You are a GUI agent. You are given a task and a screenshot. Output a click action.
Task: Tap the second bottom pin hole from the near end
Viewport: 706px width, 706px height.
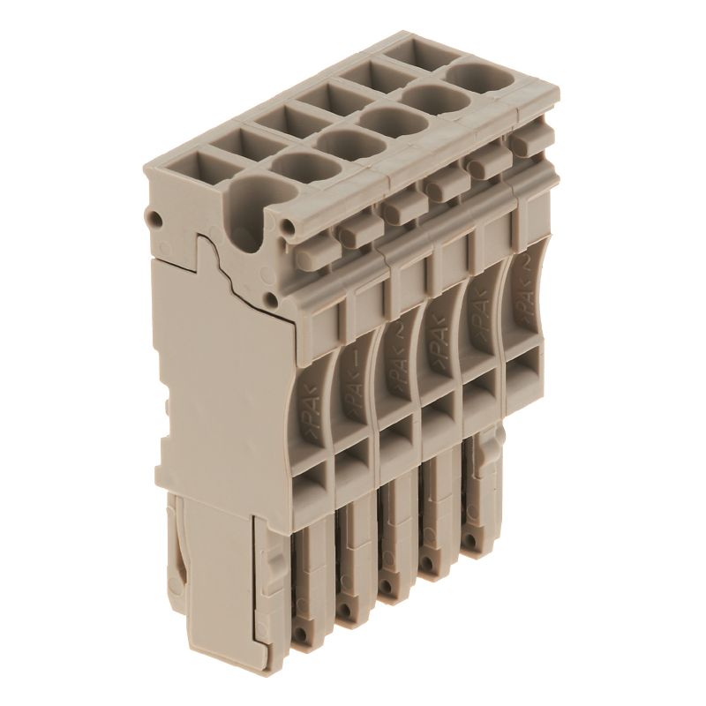(x=347, y=615)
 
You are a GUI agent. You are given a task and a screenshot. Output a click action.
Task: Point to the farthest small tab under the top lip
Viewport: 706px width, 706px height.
(x=528, y=141)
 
